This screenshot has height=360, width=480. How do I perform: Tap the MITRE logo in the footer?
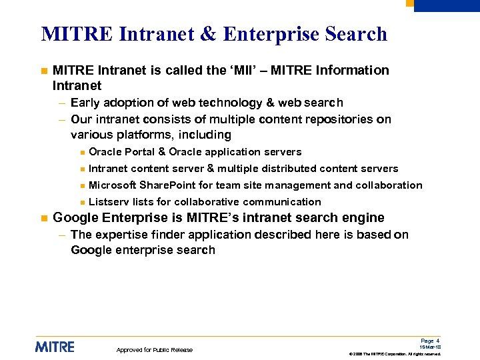[x=55, y=347]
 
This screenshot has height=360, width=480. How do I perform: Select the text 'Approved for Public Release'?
[x=154, y=350]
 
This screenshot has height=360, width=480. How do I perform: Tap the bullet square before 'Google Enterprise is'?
[x=43, y=218]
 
